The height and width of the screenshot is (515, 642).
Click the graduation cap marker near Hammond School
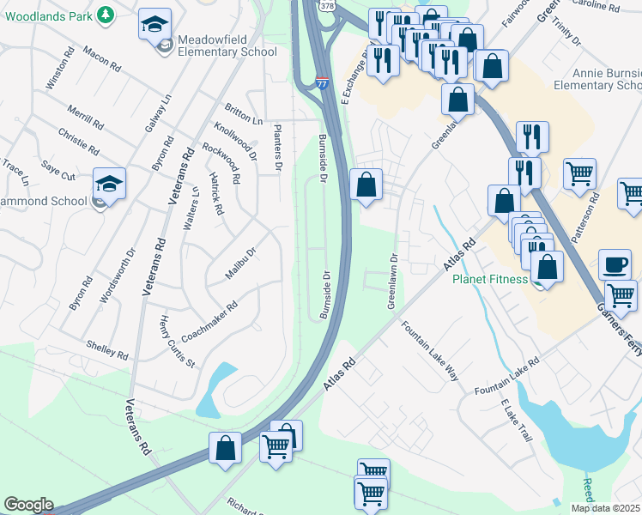pos(109,184)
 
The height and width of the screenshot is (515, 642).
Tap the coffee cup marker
pos(615,264)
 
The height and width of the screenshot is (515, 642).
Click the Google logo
pos(28,505)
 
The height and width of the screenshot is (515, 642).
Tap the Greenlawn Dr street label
pos(392,281)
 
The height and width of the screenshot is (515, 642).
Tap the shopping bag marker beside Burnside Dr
pos(366,185)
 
